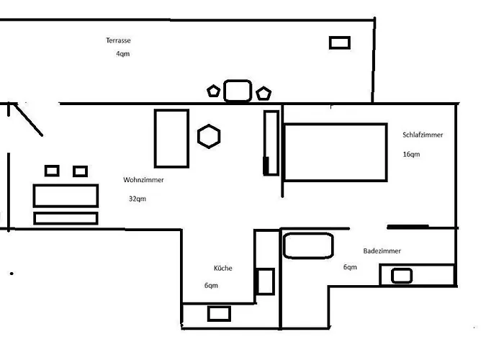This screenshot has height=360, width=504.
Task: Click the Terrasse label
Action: click(118, 40)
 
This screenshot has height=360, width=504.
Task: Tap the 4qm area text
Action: click(123, 54)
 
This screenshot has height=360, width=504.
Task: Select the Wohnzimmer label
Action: click(143, 180)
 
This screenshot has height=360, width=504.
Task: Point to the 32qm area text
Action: click(138, 199)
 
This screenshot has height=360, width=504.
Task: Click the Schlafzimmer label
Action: click(423, 135)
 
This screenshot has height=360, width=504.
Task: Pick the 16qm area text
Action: click(411, 154)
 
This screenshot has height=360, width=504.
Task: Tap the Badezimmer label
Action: click(382, 251)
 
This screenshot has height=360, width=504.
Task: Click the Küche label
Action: click(222, 268)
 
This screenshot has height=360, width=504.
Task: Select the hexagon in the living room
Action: click(209, 136)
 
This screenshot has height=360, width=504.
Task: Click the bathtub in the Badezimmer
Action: click(308, 246)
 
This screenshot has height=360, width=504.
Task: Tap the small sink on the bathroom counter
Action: click(402, 276)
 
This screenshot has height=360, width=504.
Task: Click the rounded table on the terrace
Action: click(238, 91)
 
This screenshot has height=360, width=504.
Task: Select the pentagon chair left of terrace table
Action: click(213, 91)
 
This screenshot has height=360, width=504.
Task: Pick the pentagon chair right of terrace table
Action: click(264, 93)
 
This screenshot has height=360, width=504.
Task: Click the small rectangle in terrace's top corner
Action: click(340, 42)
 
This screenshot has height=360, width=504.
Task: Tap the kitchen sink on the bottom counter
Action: click(219, 314)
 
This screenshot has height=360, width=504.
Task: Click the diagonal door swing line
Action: click(28, 120)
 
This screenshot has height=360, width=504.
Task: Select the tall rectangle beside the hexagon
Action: click(171, 138)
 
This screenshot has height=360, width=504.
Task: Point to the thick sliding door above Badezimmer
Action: click(408, 227)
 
